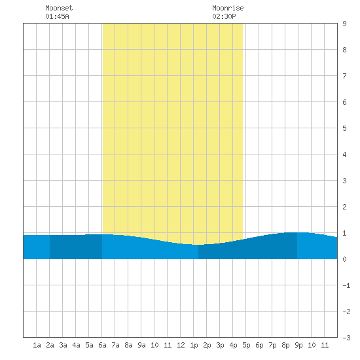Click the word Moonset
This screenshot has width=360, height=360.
tap(59, 8)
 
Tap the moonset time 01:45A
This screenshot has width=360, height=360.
tap(57, 16)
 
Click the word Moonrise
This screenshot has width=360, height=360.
tap(228, 8)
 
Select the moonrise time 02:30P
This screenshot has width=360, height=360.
tap(224, 16)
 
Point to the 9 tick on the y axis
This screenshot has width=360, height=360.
tap(344, 24)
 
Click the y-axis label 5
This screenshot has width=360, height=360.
tap(344, 128)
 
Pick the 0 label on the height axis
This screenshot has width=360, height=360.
tap(344, 259)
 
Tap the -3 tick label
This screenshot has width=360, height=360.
tap(346, 338)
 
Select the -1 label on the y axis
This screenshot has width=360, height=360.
tap(346, 285)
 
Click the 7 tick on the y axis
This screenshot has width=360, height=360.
tap(344, 76)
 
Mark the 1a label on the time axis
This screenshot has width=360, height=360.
tap(37, 345)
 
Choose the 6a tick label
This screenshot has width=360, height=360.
tap(102, 345)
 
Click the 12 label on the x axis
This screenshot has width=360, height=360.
tap(181, 345)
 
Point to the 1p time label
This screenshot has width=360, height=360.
tap(194, 345)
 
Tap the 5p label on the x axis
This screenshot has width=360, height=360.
tap(246, 345)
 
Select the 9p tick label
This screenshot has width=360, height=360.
tap(298, 345)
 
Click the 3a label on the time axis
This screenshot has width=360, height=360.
tap(63, 345)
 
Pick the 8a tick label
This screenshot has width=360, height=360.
tap(128, 345)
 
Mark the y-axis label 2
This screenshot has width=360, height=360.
tap(344, 207)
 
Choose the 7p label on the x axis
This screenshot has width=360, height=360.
tap(272, 345)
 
